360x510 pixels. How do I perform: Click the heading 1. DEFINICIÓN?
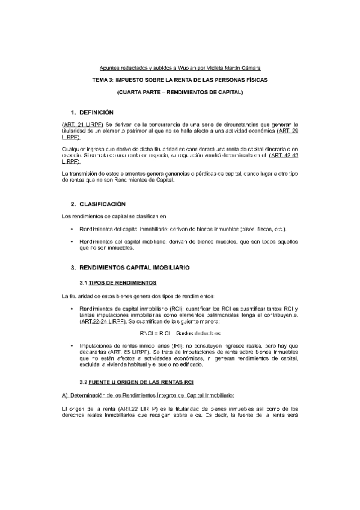[92, 112]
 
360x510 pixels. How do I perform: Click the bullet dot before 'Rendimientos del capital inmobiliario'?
[72, 229]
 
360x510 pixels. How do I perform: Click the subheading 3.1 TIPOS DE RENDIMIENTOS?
[118, 282]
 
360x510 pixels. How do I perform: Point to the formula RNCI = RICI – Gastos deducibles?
[180, 333]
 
